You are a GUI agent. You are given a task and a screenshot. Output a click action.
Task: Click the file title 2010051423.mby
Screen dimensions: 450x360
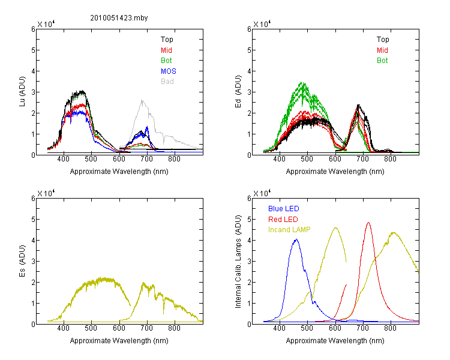click(119, 18)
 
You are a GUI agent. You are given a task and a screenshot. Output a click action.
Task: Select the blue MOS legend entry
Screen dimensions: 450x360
click(169, 71)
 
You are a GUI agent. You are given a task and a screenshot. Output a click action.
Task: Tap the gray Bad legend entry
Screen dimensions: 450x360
click(167, 82)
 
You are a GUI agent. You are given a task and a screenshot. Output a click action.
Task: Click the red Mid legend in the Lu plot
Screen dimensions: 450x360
click(166, 50)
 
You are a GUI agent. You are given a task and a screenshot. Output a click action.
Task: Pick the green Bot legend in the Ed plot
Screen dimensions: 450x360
click(382, 61)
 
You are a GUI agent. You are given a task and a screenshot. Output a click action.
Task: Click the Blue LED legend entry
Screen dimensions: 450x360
click(284, 209)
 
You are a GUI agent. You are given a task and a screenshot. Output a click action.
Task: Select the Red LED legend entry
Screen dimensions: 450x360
click(283, 220)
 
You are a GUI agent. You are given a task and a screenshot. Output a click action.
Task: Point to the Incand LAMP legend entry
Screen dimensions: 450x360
click(289, 230)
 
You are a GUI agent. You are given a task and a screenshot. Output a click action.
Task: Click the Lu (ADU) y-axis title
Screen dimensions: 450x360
click(22, 92)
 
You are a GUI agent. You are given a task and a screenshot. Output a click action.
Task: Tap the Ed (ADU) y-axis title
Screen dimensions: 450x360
click(238, 92)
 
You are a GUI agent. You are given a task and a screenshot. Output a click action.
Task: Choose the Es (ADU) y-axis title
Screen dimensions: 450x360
click(22, 261)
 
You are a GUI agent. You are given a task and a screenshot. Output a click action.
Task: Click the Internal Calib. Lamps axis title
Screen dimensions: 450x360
click(238, 262)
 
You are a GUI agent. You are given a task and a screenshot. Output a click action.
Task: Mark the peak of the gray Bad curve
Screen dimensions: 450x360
click(142, 100)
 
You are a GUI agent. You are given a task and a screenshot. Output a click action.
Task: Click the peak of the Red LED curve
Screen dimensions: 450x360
click(368, 223)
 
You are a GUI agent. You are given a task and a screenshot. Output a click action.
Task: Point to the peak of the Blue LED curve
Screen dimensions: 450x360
click(296, 239)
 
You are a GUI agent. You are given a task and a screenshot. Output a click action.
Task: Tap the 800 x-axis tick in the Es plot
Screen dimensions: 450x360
click(174, 328)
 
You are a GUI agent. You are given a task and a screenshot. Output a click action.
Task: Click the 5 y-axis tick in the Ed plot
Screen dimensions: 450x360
click(249, 50)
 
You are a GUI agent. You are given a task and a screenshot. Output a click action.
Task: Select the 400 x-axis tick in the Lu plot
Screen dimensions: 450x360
click(64, 159)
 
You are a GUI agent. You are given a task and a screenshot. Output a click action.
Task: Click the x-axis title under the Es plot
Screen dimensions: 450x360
click(119, 341)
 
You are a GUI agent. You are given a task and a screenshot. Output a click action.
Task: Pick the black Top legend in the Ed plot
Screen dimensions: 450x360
click(383, 40)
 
